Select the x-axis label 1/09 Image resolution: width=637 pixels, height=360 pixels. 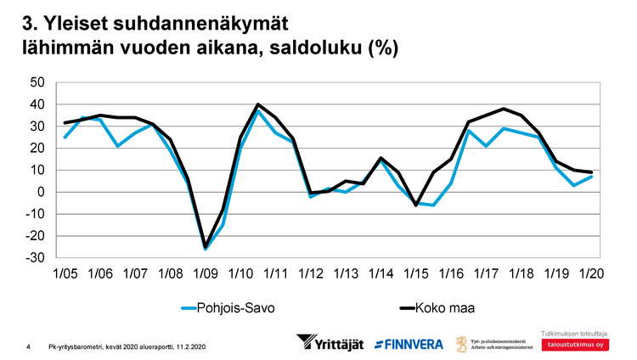coord(205,275)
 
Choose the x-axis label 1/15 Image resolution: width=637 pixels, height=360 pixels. coord(417,275)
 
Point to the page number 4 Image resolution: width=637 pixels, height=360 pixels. coord(29,346)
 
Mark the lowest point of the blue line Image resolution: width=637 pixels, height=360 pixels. coord(205,249)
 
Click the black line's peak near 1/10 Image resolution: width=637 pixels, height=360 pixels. coord(257,104)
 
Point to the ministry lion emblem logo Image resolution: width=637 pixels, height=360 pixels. coord(463,344)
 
